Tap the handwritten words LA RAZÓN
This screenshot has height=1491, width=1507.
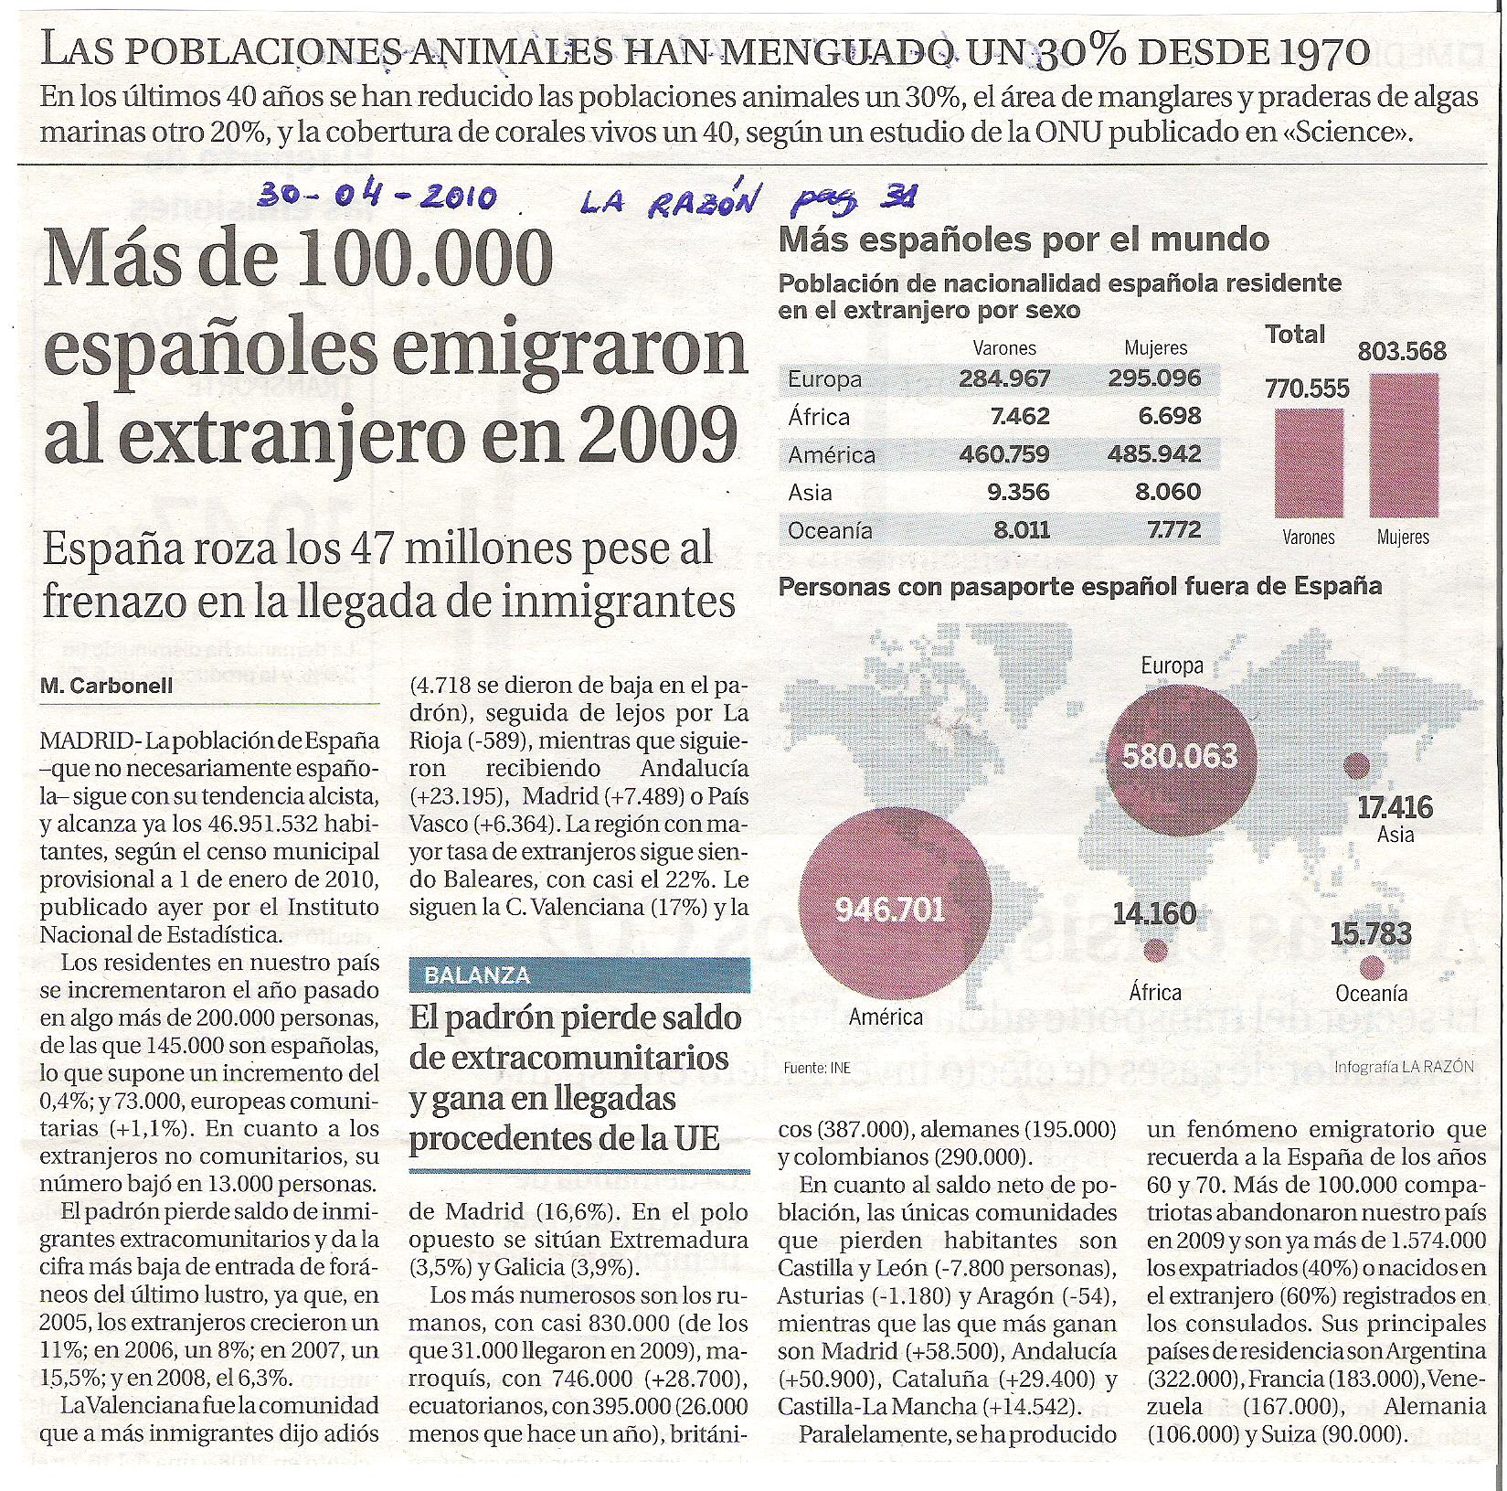[671, 200]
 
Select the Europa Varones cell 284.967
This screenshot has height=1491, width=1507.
[1004, 378]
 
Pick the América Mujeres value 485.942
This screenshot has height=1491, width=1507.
[1154, 454]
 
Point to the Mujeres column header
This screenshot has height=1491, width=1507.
[1155, 347]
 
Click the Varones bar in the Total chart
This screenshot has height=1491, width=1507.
[1309, 463]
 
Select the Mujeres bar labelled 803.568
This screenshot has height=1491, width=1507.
[1404, 446]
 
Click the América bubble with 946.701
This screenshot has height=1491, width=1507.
[894, 908]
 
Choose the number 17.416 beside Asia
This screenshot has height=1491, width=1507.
[1395, 807]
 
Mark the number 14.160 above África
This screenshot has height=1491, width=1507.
[1153, 913]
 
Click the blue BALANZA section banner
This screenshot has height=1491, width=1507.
[579, 975]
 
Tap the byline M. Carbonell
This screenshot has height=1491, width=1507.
[107, 686]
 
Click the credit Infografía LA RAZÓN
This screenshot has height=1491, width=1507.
[1404, 1066]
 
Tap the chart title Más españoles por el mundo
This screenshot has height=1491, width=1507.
[1024, 240]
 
